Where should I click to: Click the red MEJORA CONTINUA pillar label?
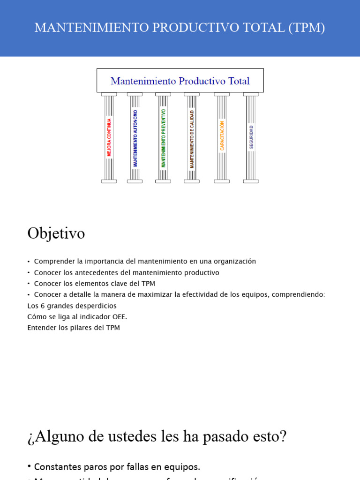[109, 137]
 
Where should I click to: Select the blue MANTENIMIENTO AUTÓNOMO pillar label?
[135, 138]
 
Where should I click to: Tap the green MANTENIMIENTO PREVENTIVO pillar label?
[163, 138]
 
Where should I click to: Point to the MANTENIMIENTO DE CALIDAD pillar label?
[192, 139]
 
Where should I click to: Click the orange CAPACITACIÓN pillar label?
[222, 136]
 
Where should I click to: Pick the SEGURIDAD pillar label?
[251, 137]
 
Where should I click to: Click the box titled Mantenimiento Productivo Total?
[180, 81]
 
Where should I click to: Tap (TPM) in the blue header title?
[307, 28]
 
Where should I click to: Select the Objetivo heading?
[56, 233]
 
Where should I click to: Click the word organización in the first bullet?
[234, 262]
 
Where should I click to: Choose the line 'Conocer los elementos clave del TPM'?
[94, 284]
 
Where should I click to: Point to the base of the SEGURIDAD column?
[251, 181]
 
